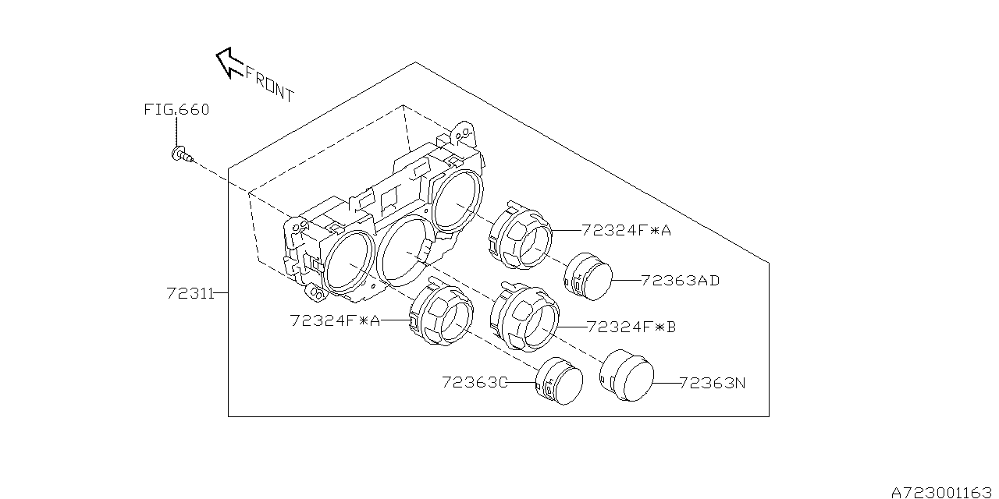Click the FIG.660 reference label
tap(176, 110)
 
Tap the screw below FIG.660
tap(182, 154)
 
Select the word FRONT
tap(270, 85)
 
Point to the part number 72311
tap(190, 294)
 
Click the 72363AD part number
tap(680, 281)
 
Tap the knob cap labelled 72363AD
tap(588, 277)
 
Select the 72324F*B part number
tap(631, 327)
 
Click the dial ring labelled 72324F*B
tap(524, 317)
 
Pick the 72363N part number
tap(713, 383)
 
